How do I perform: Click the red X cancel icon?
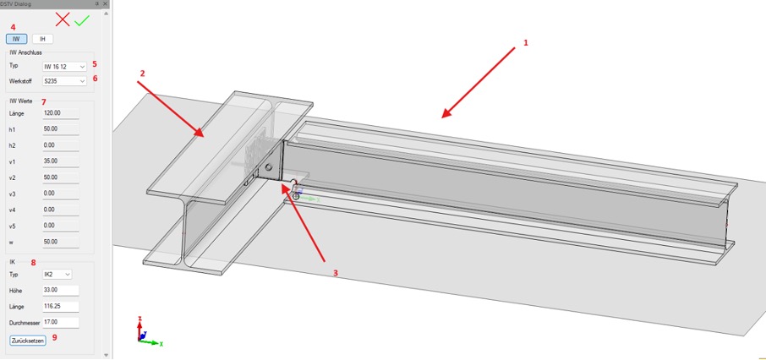[62, 19]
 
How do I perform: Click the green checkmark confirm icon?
[82, 20]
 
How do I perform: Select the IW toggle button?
[17, 39]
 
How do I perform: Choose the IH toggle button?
[42, 39]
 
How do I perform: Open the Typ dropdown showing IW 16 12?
[64, 66]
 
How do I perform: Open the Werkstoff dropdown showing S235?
[64, 81]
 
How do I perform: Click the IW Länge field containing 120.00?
[61, 113]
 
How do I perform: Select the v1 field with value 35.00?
[61, 161]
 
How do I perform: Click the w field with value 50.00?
[61, 242]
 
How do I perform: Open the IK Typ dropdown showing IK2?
[57, 275]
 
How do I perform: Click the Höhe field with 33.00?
[61, 291]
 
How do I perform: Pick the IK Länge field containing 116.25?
[61, 307]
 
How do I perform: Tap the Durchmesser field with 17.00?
[61, 323]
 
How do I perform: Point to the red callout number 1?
[526, 43]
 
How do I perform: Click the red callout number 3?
[335, 274]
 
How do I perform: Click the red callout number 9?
[55, 337]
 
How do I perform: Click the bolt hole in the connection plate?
[268, 167]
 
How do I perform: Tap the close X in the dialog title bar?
[105, 3]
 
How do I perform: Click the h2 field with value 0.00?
[61, 145]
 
